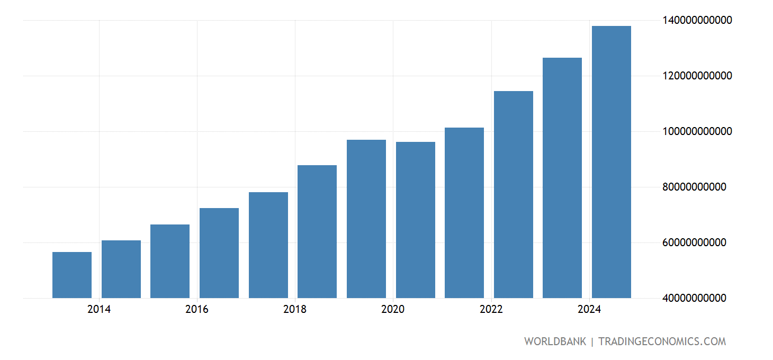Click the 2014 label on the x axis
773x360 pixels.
(x=99, y=310)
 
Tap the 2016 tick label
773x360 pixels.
(x=197, y=310)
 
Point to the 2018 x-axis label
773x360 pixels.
(x=295, y=310)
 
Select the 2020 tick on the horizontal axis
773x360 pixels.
(x=393, y=310)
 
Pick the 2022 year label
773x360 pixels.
(x=491, y=310)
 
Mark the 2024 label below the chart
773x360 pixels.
(x=589, y=310)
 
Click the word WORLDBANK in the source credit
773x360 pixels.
(x=555, y=341)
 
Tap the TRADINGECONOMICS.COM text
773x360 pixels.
(x=662, y=341)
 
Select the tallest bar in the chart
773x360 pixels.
(x=611, y=162)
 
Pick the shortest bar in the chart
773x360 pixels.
(x=72, y=275)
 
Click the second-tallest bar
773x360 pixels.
(x=562, y=178)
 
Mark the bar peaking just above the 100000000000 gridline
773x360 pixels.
(x=464, y=213)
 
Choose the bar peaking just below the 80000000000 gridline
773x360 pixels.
(x=268, y=245)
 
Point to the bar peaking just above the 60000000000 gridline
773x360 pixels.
(x=121, y=269)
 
